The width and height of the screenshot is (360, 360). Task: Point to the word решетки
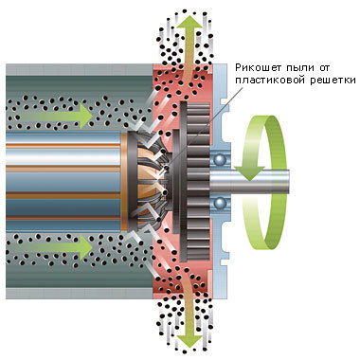[x=333, y=81]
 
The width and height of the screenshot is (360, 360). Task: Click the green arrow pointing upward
[x=189, y=47]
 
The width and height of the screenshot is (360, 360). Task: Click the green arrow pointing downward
[x=189, y=312]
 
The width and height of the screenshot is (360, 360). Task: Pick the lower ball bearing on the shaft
[x=219, y=203]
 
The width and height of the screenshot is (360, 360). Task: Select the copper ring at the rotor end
[x=124, y=181]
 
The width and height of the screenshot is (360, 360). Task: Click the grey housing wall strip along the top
[x=80, y=69]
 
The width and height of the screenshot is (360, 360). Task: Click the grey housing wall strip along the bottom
[x=80, y=294]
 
